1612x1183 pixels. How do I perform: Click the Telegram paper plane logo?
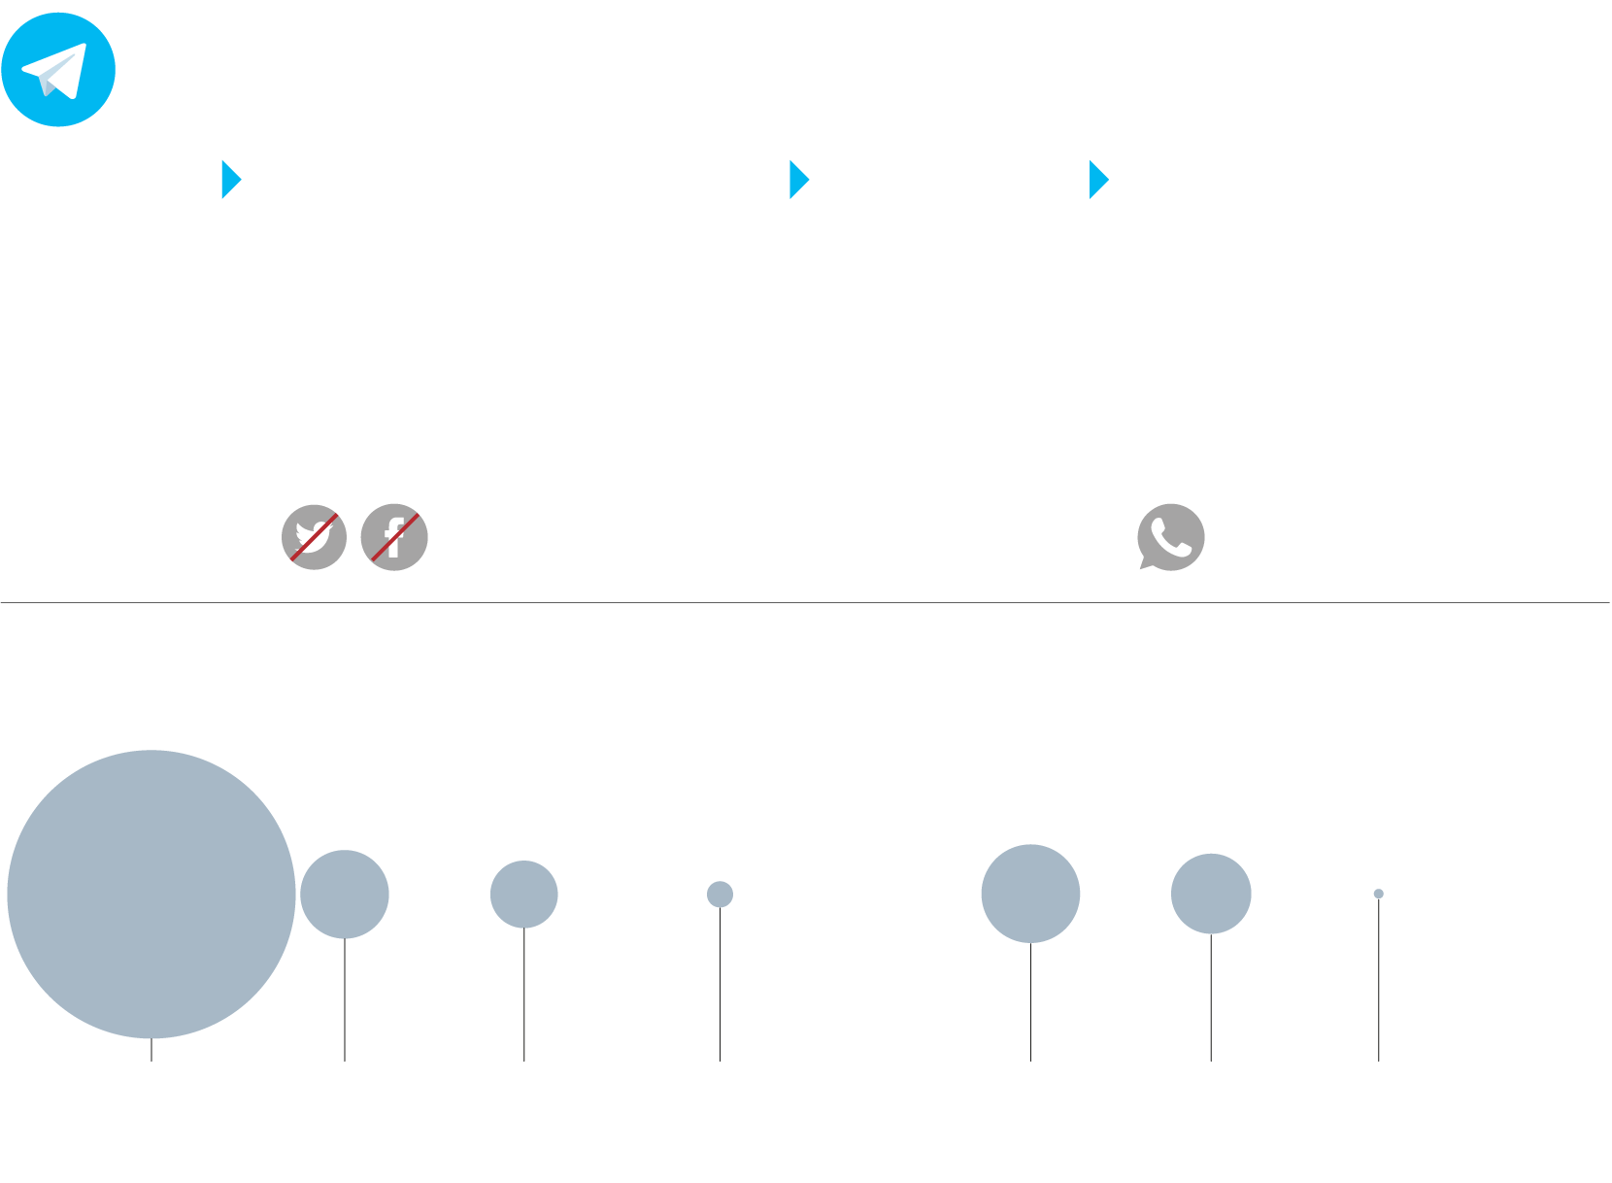(x=58, y=70)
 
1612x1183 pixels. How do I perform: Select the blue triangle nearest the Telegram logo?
(x=230, y=180)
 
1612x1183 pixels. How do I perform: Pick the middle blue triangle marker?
(x=798, y=180)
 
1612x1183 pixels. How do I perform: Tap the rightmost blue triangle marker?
(x=1097, y=180)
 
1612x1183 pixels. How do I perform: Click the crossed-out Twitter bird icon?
(x=314, y=537)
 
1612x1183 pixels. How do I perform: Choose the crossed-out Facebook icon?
(x=394, y=537)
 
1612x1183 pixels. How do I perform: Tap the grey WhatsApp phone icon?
(x=1171, y=536)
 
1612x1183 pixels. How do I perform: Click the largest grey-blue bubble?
(x=151, y=894)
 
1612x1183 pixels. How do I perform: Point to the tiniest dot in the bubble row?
(x=1378, y=894)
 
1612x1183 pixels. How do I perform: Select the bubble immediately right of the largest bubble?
(x=345, y=894)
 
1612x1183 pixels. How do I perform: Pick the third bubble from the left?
(x=523, y=894)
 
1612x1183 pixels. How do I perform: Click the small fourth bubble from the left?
(x=720, y=894)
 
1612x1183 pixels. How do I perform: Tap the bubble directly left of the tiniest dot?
(x=1211, y=894)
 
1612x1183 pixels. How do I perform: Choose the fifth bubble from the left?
(x=1030, y=894)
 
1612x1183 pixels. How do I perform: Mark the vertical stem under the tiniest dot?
(x=1378, y=981)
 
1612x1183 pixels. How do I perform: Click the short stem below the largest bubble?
(x=151, y=1050)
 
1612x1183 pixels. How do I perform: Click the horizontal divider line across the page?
(x=806, y=602)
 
